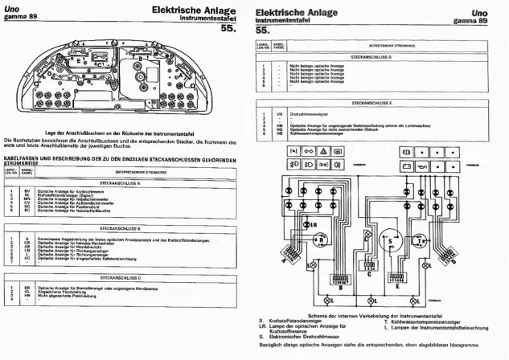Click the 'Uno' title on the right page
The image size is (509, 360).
coord(479,13)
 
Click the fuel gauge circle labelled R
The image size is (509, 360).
coord(320,239)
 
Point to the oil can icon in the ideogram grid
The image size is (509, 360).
coord(441,166)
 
